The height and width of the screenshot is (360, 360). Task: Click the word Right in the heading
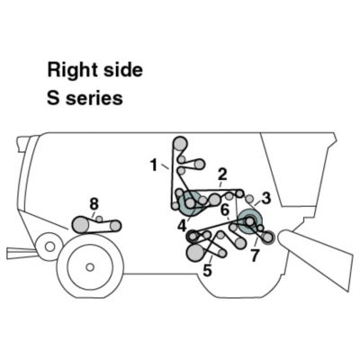72,70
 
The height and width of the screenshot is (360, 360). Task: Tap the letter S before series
53,97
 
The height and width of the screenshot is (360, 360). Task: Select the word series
94,98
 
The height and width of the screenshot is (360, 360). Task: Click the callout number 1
154,166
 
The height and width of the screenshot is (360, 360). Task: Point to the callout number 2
222,174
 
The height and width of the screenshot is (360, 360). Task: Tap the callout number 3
266,198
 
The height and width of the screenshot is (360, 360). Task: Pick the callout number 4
182,226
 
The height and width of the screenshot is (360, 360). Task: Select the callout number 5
207,271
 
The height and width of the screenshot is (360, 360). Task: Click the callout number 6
225,210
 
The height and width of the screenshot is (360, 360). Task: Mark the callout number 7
255,256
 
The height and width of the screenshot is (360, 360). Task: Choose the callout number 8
94,204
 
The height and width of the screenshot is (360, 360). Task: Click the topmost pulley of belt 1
180,144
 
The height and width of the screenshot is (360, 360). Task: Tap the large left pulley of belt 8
80,225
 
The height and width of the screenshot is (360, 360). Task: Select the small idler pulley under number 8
99,220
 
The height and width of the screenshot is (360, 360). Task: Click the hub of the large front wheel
90,266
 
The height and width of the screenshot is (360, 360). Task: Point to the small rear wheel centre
49,247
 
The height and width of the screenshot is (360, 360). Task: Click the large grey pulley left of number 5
195,253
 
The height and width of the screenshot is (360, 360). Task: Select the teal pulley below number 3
250,221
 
